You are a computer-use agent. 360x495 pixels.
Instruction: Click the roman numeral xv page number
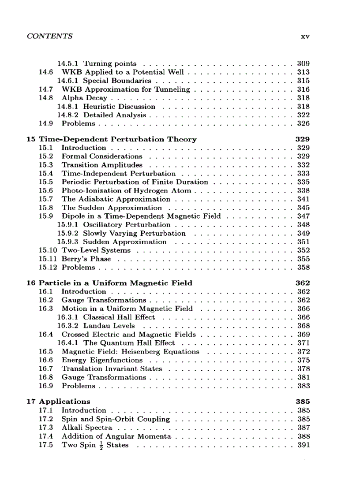click(305, 37)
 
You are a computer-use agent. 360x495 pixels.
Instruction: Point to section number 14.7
click(46, 89)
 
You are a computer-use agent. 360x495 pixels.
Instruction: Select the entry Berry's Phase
click(86, 259)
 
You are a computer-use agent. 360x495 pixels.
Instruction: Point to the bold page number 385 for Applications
click(303, 402)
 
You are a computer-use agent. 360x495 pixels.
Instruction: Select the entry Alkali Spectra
click(87, 428)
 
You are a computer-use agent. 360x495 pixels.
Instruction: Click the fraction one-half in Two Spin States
click(101, 446)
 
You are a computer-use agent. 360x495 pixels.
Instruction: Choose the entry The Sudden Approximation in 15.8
click(112, 208)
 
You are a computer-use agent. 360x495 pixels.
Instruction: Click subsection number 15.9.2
click(68, 233)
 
